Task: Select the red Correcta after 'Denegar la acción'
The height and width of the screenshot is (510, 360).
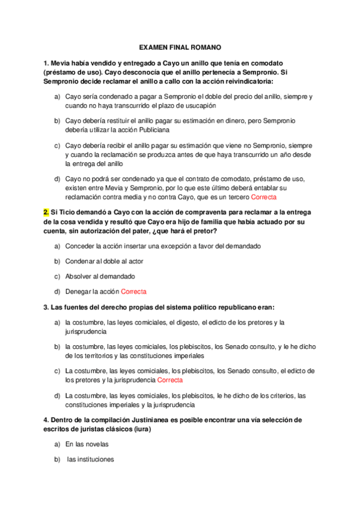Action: point(133,292)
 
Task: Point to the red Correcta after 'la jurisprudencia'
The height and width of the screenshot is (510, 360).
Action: point(170,380)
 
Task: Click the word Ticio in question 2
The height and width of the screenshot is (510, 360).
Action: point(67,212)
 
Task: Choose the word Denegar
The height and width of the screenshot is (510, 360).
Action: point(79,292)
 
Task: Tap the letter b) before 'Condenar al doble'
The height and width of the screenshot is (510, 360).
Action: point(56,261)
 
